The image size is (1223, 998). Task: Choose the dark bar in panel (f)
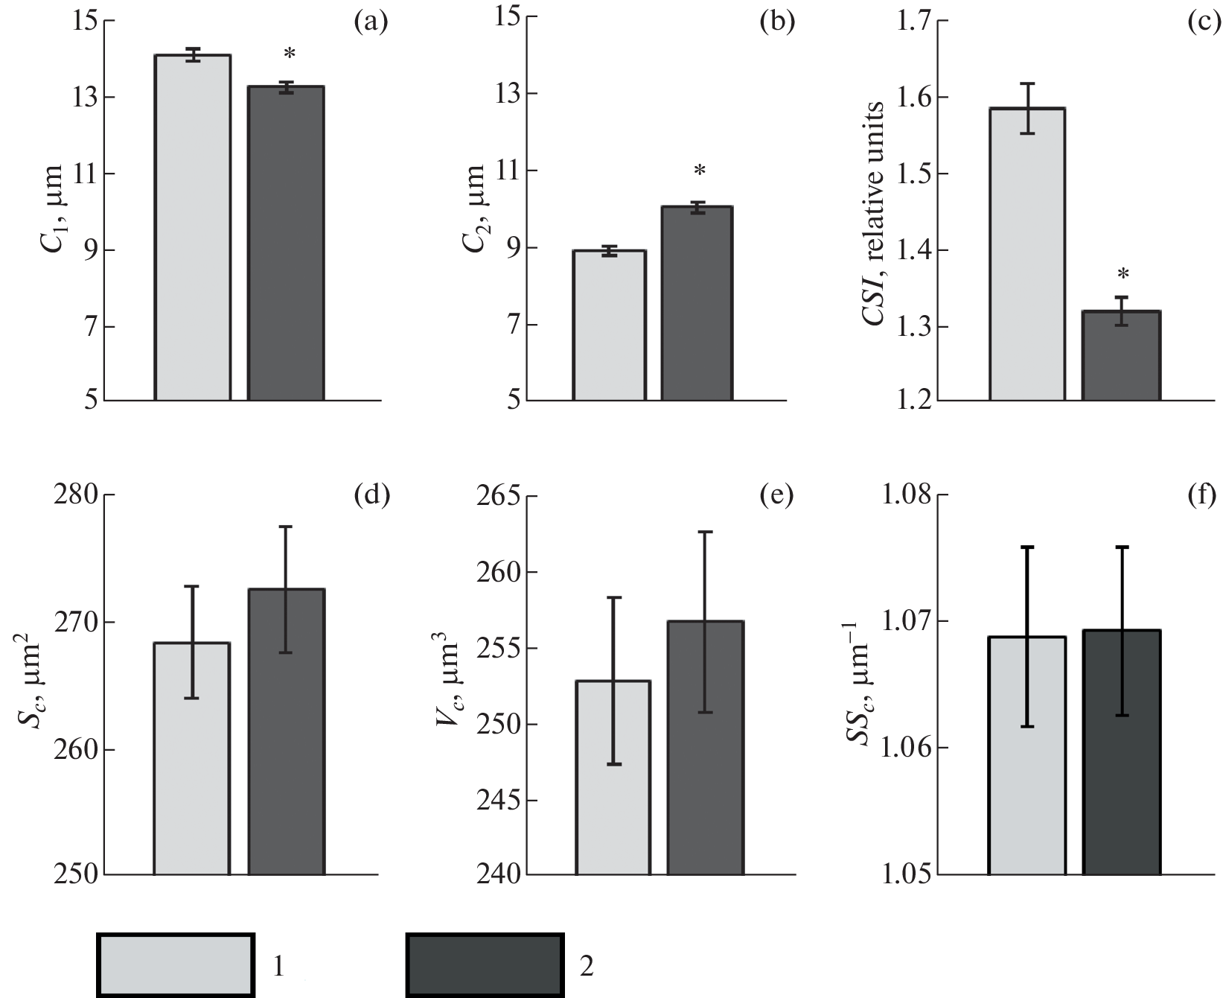click(x=1121, y=751)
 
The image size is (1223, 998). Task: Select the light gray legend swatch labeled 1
click(x=176, y=964)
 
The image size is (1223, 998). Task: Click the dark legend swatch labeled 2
click(x=485, y=964)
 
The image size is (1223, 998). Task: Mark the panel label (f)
click(x=1203, y=495)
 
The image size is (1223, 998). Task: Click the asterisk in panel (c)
click(x=1123, y=274)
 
